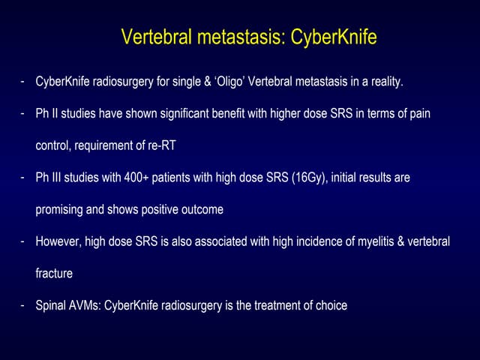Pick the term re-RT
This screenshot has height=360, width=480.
coord(166,145)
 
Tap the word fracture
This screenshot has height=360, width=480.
coord(54,274)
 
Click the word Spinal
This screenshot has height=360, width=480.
coord(50,306)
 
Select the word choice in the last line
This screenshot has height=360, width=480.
coord(331,306)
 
